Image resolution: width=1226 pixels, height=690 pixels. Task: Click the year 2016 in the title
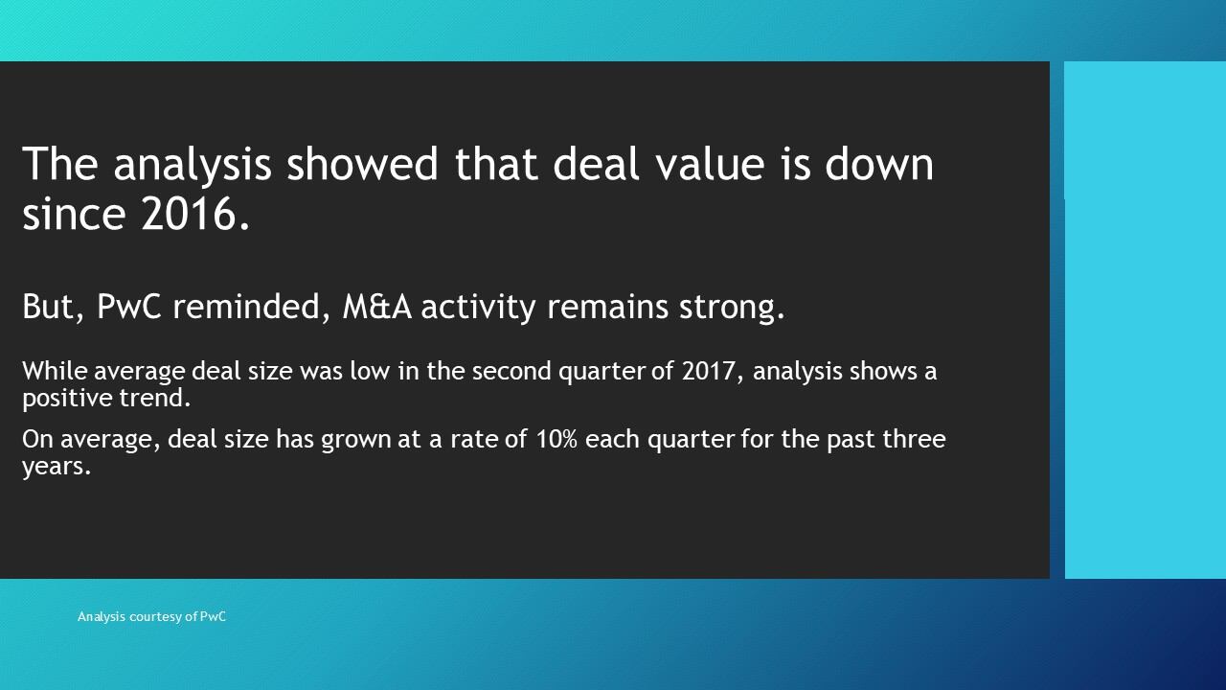(195, 214)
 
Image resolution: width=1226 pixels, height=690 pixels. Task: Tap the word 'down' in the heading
(879, 163)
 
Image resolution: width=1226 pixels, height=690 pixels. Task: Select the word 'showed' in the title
(362, 163)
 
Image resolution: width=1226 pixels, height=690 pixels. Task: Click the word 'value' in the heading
(711, 163)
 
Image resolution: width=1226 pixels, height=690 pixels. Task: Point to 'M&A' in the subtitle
(377, 306)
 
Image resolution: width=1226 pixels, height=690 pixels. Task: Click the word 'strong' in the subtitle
(732, 308)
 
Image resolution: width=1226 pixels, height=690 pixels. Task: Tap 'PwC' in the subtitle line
(129, 306)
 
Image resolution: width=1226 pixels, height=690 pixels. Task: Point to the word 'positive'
(67, 399)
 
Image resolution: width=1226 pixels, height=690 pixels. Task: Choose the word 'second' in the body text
(511, 371)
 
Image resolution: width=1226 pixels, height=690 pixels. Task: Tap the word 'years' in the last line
(56, 467)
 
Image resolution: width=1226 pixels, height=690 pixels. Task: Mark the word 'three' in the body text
(914, 439)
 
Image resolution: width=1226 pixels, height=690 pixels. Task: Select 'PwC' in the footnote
(213, 616)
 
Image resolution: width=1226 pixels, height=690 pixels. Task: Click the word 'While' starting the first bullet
(55, 371)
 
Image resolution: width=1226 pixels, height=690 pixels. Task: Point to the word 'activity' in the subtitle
(478, 308)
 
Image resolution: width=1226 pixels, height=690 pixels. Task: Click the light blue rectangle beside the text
(1145, 320)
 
